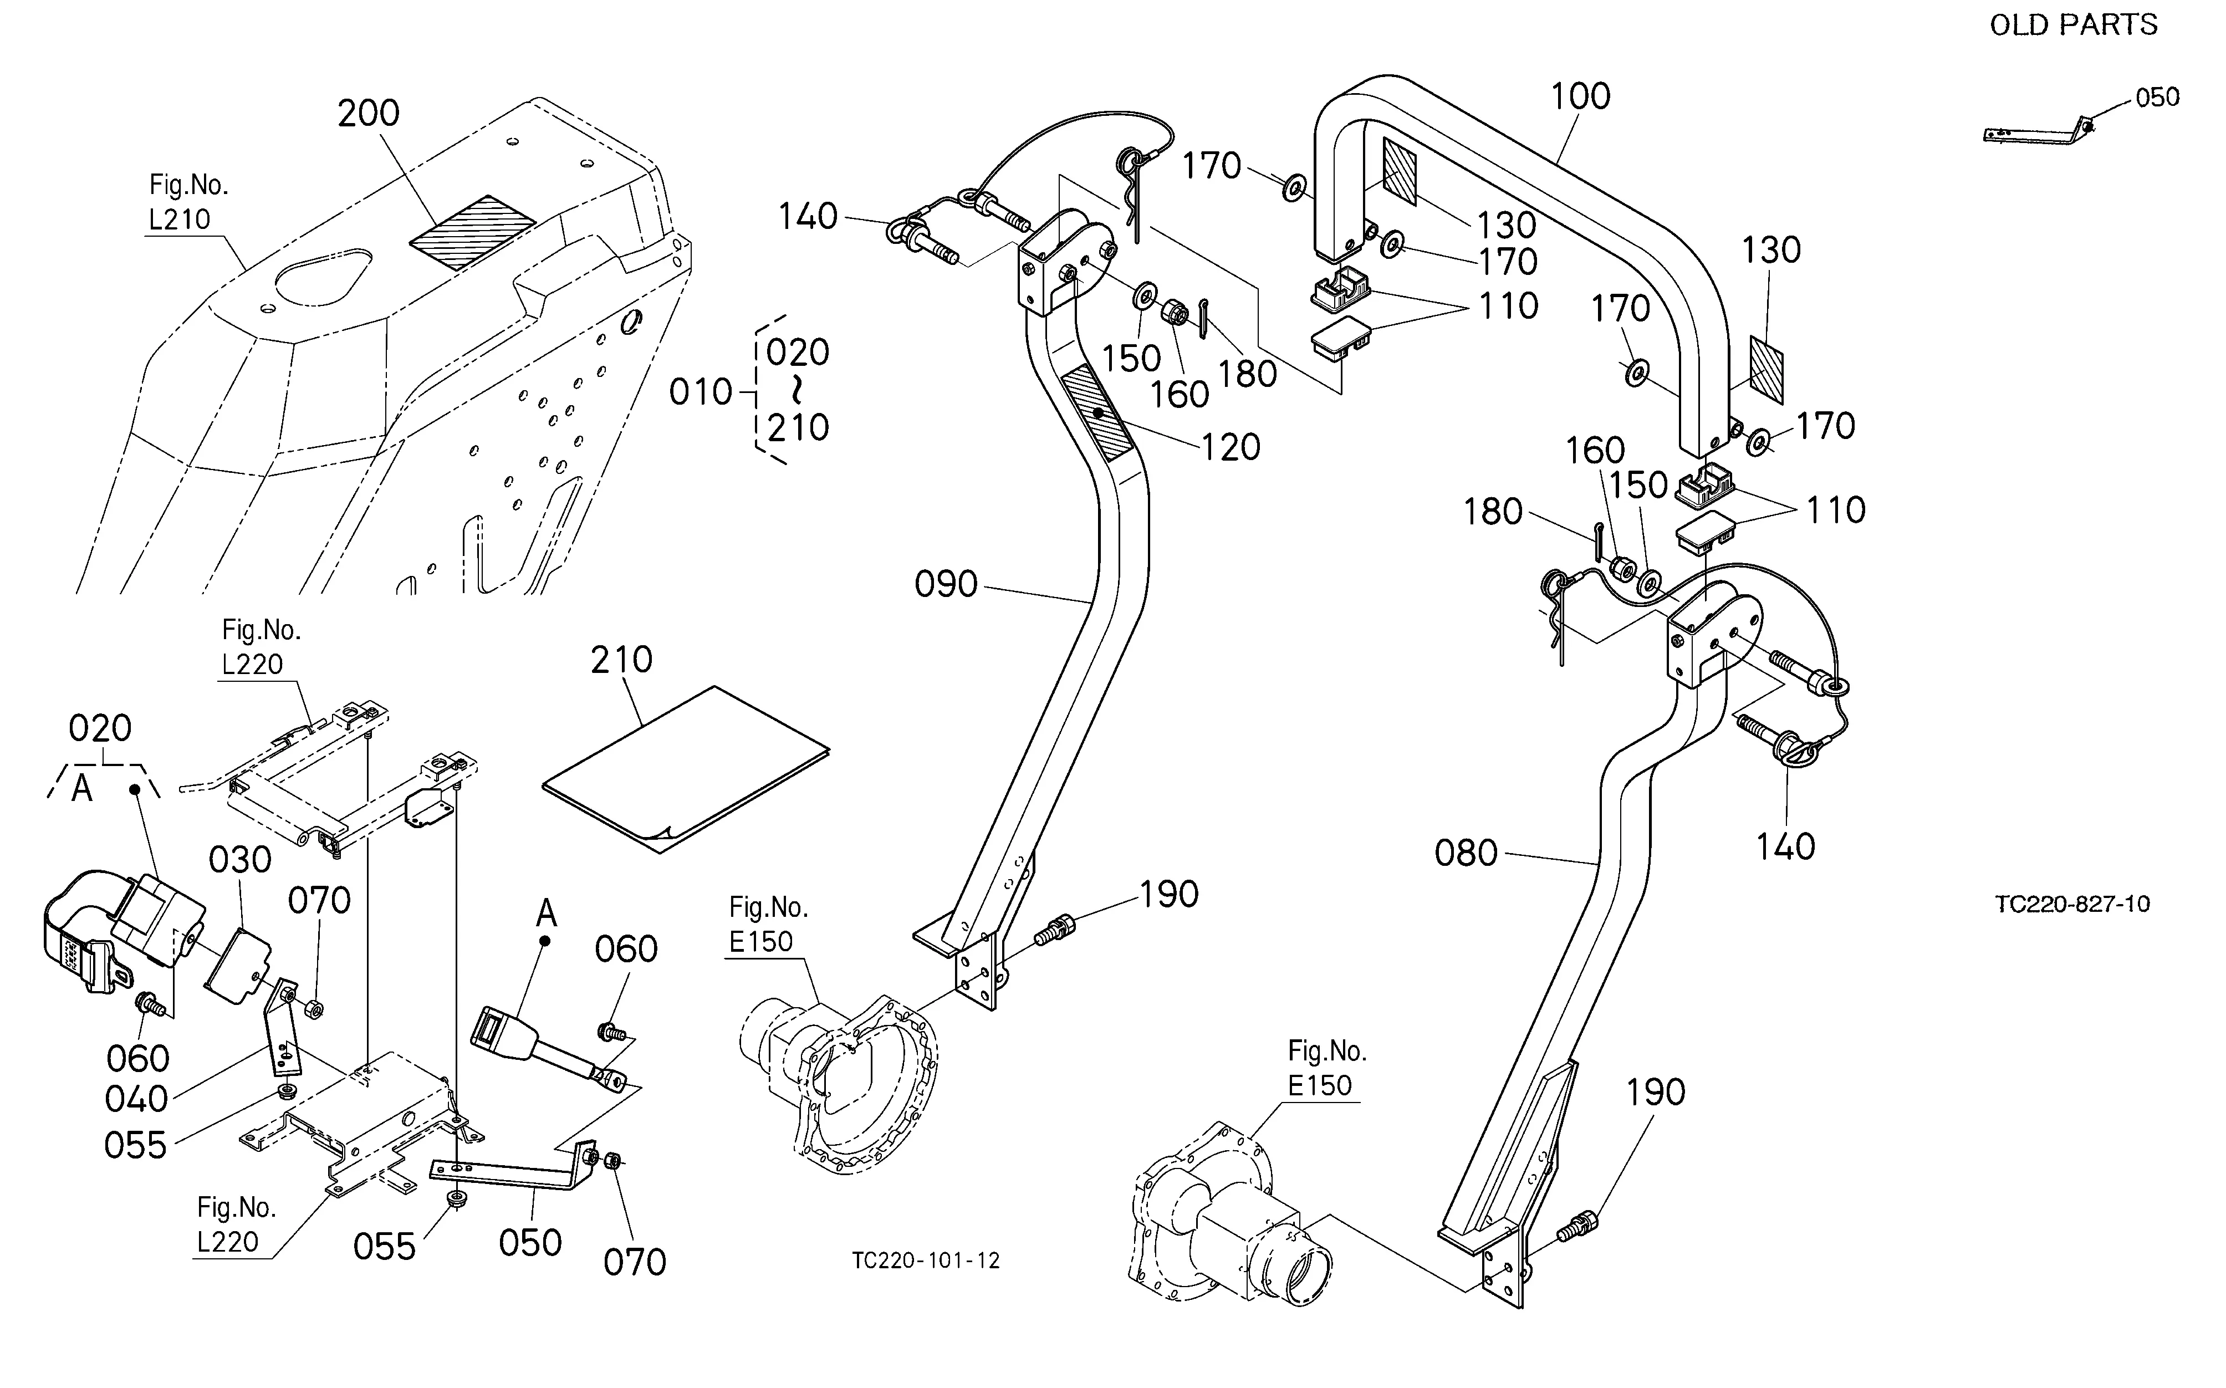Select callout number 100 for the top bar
tap(1580, 96)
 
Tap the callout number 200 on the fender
tap(368, 114)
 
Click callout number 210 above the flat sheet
tap(621, 660)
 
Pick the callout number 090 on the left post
tap(946, 585)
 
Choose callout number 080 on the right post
tap(1466, 854)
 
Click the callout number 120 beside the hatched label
tap(1231, 448)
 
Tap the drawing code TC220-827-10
tap(2072, 904)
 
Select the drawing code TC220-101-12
tap(925, 1261)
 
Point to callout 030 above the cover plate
tap(239, 860)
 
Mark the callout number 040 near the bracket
tap(136, 1099)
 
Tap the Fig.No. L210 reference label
tap(188, 202)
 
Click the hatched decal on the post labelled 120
tap(1097, 412)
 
